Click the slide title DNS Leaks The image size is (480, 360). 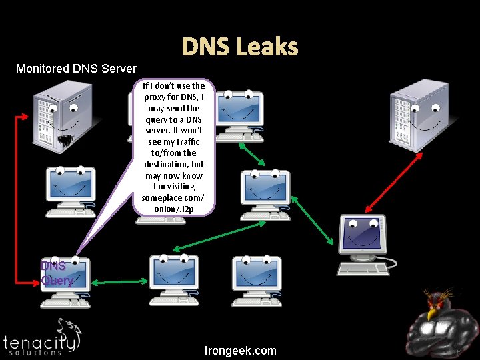[240, 47]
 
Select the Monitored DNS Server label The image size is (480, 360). [76, 68]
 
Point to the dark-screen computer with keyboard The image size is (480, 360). [364, 243]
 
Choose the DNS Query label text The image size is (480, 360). [57, 273]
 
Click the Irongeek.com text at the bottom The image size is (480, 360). [241, 351]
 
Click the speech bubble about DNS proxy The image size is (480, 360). [173, 147]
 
